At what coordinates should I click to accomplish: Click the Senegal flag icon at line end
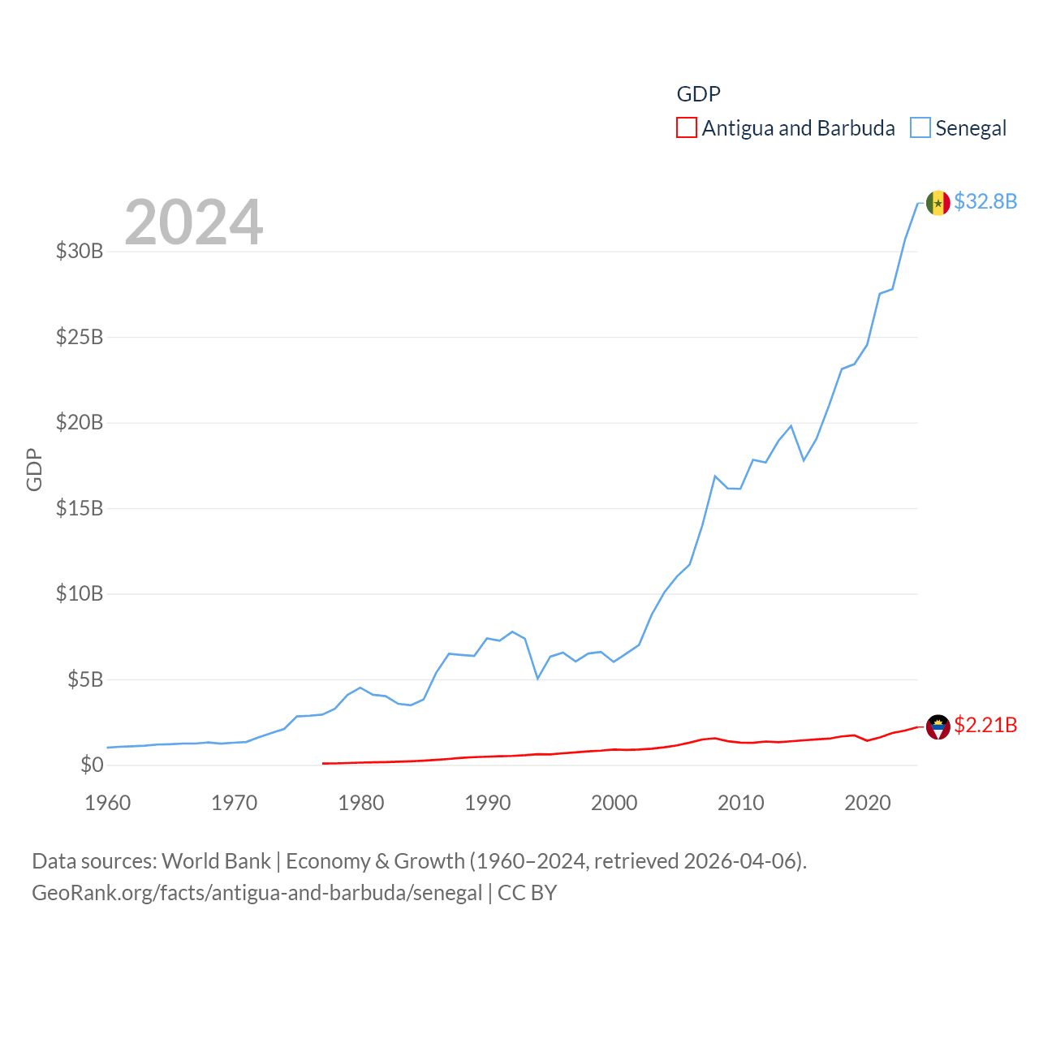[938, 203]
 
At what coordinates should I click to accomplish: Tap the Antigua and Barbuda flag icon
[938, 726]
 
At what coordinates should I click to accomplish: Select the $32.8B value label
[985, 201]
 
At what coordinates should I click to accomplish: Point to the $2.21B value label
[985, 725]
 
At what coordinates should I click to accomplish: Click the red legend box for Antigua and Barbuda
[687, 128]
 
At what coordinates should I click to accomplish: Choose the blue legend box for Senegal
[920, 128]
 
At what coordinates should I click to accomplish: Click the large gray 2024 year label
[194, 222]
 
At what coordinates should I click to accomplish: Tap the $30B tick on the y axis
[80, 251]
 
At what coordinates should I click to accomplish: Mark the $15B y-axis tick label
[80, 508]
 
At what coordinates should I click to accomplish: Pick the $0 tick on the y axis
[92, 765]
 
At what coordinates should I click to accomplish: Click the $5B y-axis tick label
[85, 679]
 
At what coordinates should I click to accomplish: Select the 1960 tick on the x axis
[108, 803]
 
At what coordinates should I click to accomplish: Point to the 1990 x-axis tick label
[488, 803]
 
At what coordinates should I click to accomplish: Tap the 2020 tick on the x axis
[868, 803]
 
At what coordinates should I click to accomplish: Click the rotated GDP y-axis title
[34, 469]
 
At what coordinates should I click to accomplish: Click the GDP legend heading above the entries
[698, 94]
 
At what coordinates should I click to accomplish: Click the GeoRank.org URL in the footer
[257, 893]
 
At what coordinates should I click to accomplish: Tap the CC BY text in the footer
[527, 893]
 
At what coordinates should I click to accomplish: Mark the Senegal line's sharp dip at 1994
[537, 678]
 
